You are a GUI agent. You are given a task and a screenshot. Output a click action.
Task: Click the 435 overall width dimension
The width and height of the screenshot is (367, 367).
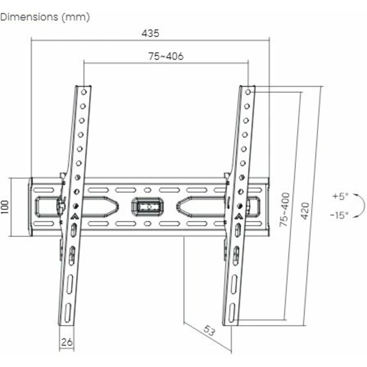pyautogui.click(x=150, y=33)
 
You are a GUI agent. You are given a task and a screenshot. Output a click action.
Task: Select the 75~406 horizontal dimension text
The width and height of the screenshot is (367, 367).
pyautogui.click(x=166, y=56)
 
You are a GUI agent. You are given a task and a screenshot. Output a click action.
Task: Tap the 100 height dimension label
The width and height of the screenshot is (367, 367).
pyautogui.click(x=5, y=207)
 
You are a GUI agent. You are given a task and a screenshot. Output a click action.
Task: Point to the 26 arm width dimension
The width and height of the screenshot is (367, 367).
pyautogui.click(x=67, y=342)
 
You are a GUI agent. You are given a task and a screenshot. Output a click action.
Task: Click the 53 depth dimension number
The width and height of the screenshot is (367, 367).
pyautogui.click(x=209, y=330)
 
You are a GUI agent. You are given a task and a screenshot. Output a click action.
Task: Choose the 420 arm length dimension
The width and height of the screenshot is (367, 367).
pyautogui.click(x=305, y=211)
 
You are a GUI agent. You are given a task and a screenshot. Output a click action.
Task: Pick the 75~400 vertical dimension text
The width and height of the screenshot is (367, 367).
pyautogui.click(x=284, y=209)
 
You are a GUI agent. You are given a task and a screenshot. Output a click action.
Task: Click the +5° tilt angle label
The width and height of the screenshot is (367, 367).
pyautogui.click(x=341, y=196)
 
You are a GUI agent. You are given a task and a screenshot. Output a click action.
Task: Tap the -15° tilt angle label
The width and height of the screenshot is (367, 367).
pyautogui.click(x=339, y=215)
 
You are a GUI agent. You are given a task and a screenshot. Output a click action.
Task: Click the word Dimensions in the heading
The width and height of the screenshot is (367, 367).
pyautogui.click(x=29, y=17)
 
